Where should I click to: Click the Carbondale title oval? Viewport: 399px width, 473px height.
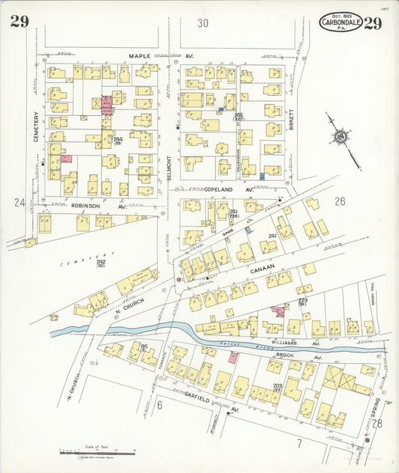coord(341,22)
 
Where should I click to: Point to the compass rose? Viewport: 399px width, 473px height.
coord(341,137)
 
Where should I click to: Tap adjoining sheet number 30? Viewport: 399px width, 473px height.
coord(203,23)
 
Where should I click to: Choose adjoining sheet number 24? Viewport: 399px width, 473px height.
coord(19,202)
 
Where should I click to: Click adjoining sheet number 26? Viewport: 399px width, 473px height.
coord(340,201)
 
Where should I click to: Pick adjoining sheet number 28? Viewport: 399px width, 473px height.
coord(378,424)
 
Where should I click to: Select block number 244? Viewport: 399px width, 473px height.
coord(118,138)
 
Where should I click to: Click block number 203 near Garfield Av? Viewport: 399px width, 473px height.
coord(277,385)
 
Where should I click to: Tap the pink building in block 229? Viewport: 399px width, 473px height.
coord(278,309)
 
